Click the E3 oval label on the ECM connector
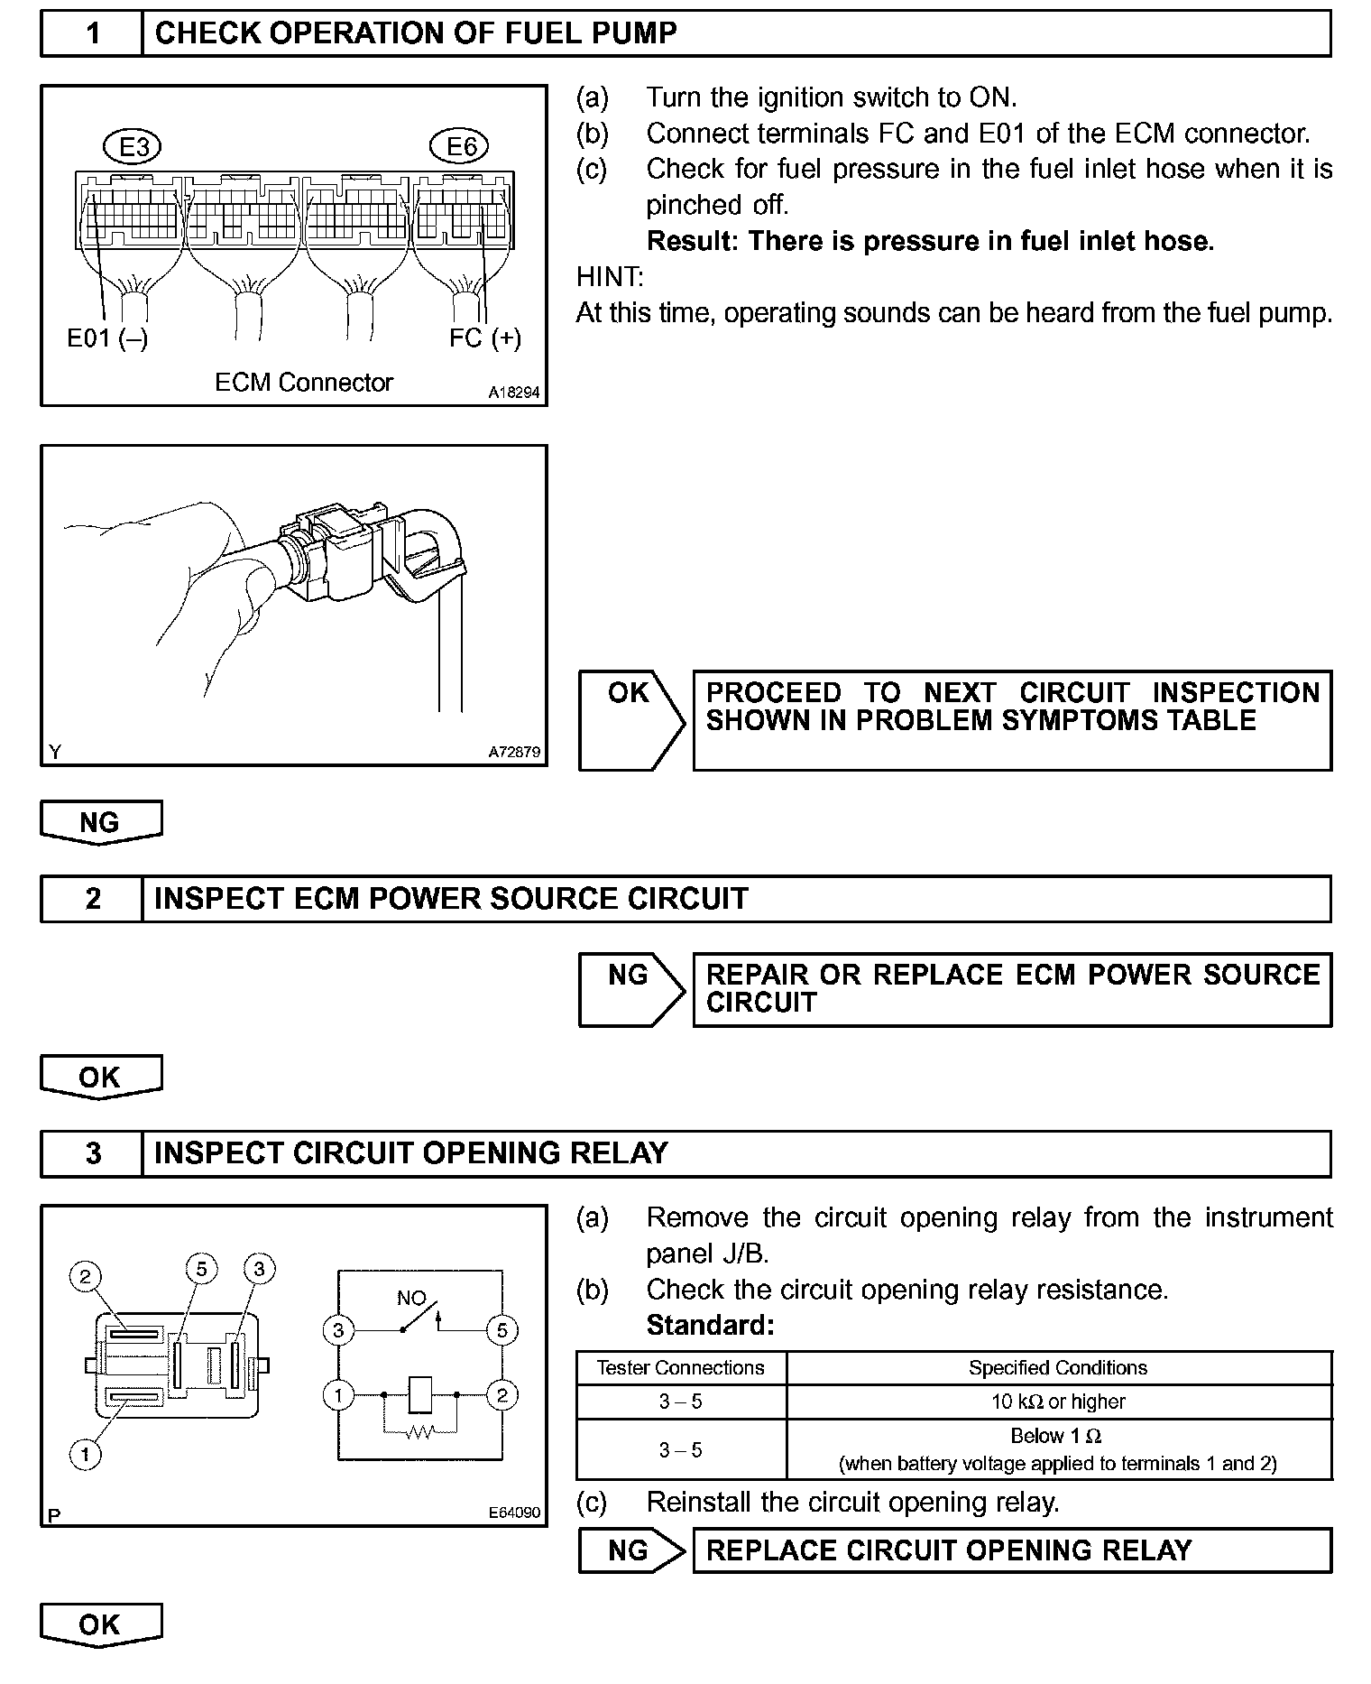[x=133, y=145]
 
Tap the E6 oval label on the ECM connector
[x=461, y=145]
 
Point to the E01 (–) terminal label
[x=107, y=338]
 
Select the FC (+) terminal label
[x=485, y=338]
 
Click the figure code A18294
[x=514, y=393]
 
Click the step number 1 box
[x=92, y=33]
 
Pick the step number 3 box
[x=92, y=1153]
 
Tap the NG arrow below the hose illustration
[x=101, y=822]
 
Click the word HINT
[x=610, y=277]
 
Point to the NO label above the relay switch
[x=411, y=1298]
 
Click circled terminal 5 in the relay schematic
[x=501, y=1329]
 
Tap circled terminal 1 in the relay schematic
[x=338, y=1396]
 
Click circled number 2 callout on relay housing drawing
[x=86, y=1276]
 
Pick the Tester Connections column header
[x=681, y=1368]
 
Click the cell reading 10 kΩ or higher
[x=1058, y=1402]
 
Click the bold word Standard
[x=711, y=1325]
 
